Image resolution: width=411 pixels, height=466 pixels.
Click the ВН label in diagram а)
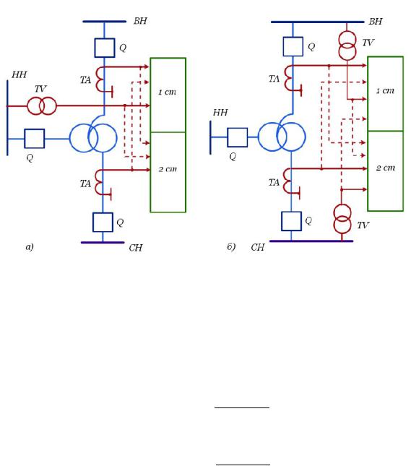point(140,21)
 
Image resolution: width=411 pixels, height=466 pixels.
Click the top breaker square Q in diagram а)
point(105,48)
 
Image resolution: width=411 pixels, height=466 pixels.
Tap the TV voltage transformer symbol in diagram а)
point(42,105)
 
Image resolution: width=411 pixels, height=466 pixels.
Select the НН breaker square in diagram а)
point(35,139)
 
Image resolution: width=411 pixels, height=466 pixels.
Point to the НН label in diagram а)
point(20,74)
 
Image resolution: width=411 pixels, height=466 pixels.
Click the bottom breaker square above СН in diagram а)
point(103,223)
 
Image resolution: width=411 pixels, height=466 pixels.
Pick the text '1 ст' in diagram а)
point(168,92)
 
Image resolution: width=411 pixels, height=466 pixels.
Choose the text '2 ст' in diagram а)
point(168,169)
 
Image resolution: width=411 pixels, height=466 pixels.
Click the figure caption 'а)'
point(30,247)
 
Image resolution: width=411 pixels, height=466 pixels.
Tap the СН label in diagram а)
point(136,248)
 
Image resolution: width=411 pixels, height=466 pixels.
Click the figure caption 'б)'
point(231,246)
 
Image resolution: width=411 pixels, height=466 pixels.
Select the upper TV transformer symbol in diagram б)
point(347,46)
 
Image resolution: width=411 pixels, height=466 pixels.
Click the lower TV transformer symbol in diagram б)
point(342,219)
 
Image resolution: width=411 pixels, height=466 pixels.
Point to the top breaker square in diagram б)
point(293,46)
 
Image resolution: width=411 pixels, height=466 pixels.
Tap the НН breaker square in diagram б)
point(238,137)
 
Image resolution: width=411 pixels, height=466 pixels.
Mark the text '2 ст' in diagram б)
point(386,168)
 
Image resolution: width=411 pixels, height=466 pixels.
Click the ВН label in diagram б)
point(376,22)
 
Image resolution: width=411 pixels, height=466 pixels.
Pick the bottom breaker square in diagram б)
point(292,221)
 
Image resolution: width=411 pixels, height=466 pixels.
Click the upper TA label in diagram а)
point(85,80)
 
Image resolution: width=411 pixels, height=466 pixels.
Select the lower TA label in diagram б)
point(274,183)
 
